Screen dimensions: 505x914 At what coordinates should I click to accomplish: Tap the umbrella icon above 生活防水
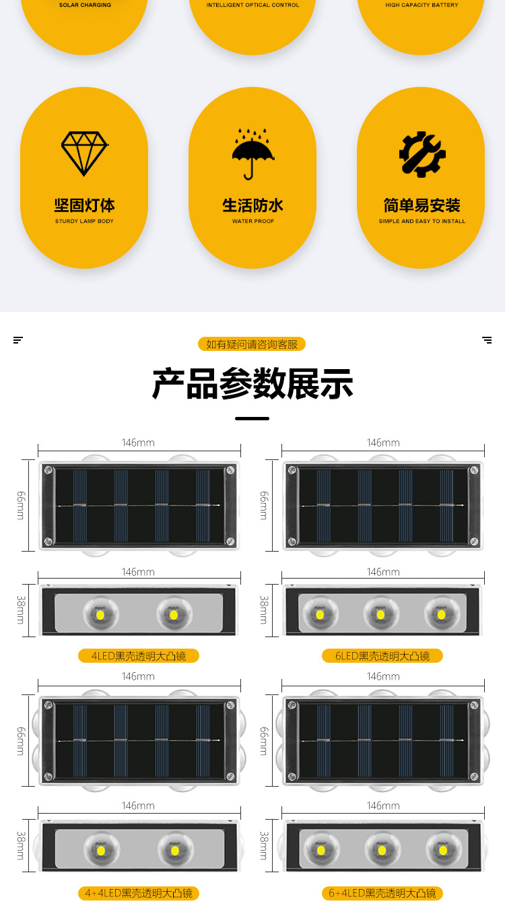click(x=253, y=154)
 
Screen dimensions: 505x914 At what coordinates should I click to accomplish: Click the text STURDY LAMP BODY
click(x=84, y=221)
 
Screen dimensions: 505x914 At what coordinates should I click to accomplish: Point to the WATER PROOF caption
click(x=253, y=221)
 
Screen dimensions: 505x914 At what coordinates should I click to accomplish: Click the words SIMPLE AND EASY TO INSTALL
click(x=422, y=221)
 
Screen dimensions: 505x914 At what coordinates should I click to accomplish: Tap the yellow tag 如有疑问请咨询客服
click(x=252, y=344)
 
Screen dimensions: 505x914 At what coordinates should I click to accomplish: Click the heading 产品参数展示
click(x=252, y=385)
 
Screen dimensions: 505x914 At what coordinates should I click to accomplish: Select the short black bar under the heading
click(x=252, y=418)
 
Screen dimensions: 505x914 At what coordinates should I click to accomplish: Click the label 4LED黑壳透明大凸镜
click(x=139, y=655)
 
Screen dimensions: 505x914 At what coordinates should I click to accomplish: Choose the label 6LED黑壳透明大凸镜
click(x=382, y=655)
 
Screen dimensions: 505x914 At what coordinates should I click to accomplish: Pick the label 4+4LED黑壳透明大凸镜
click(x=139, y=893)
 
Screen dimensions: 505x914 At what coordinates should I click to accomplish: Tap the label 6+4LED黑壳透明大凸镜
click(x=382, y=893)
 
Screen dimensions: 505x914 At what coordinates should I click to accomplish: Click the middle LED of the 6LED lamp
click(x=380, y=614)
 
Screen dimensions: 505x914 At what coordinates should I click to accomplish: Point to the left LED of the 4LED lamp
click(x=100, y=614)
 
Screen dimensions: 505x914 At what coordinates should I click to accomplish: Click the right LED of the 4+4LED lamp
click(x=174, y=850)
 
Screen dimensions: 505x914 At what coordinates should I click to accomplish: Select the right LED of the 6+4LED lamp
click(x=442, y=850)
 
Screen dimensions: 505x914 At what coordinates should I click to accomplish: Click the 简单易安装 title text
click(x=422, y=205)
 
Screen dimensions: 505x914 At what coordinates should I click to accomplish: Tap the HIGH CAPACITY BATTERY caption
click(x=422, y=5)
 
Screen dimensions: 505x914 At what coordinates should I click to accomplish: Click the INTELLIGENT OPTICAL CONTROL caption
click(x=252, y=5)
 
